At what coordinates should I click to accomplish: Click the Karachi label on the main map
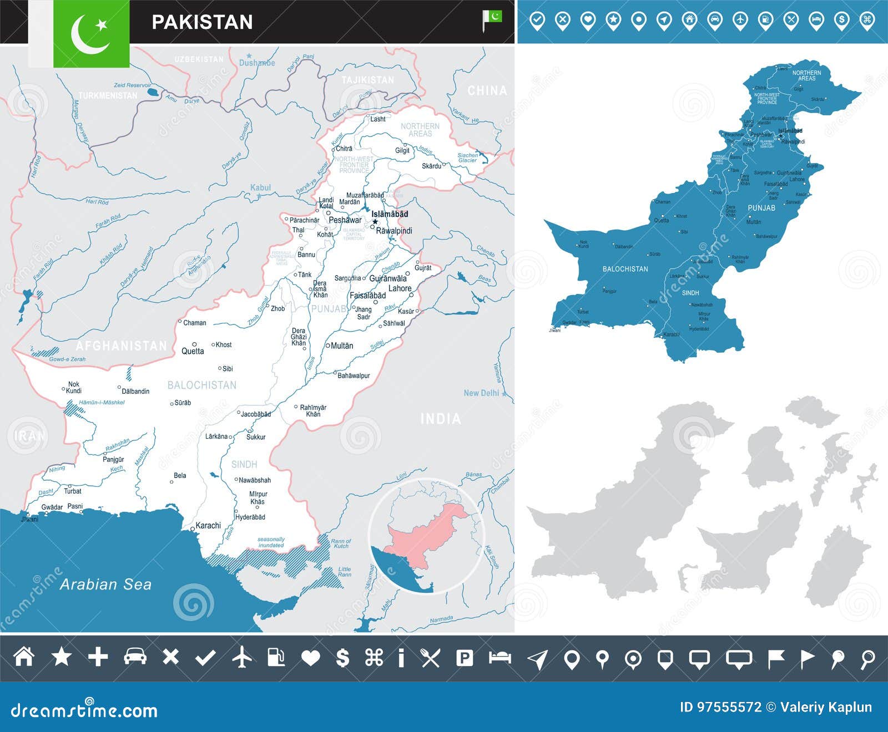pos(208,525)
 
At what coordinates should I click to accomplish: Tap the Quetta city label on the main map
pos(193,351)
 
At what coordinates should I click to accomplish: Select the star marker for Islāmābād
pos(375,222)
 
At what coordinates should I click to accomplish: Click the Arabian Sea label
pos(105,584)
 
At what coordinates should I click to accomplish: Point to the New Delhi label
pos(481,393)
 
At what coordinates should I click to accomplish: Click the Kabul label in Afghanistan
pos(260,187)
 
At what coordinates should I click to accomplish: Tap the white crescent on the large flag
pos(87,34)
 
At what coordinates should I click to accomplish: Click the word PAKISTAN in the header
pos(202,22)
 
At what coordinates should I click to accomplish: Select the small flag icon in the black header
pos(491,20)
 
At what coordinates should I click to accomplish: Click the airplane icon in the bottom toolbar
pos(242,658)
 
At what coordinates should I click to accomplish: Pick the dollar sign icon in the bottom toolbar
pos(343,658)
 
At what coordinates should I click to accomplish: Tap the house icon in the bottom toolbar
pos(24,657)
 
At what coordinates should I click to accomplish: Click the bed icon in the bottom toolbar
pos(500,657)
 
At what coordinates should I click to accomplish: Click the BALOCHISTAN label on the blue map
pos(625,269)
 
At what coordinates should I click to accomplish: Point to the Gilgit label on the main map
pos(402,150)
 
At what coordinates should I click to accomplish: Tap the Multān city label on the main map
pos(341,345)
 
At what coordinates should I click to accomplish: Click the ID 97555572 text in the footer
pos(720,707)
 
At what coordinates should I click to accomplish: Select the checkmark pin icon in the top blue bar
pos(537,21)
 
